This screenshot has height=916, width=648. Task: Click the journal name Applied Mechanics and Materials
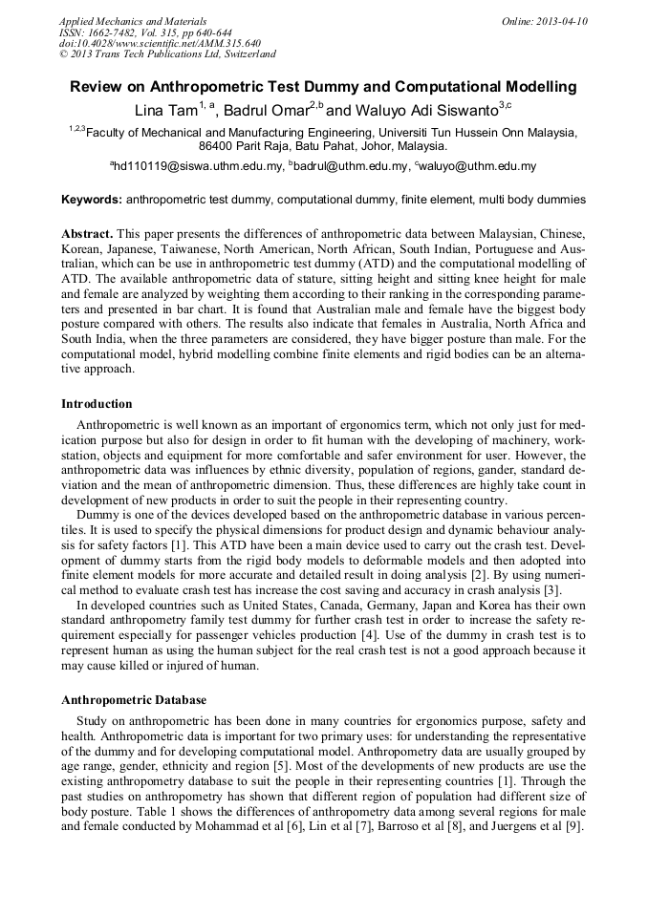(x=133, y=21)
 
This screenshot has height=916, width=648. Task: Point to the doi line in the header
(x=160, y=44)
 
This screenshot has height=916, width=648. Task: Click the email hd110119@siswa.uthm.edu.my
(x=200, y=166)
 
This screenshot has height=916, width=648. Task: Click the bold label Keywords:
(x=92, y=201)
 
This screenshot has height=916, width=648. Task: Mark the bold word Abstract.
(x=87, y=234)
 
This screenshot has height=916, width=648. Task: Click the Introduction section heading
(x=97, y=404)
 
